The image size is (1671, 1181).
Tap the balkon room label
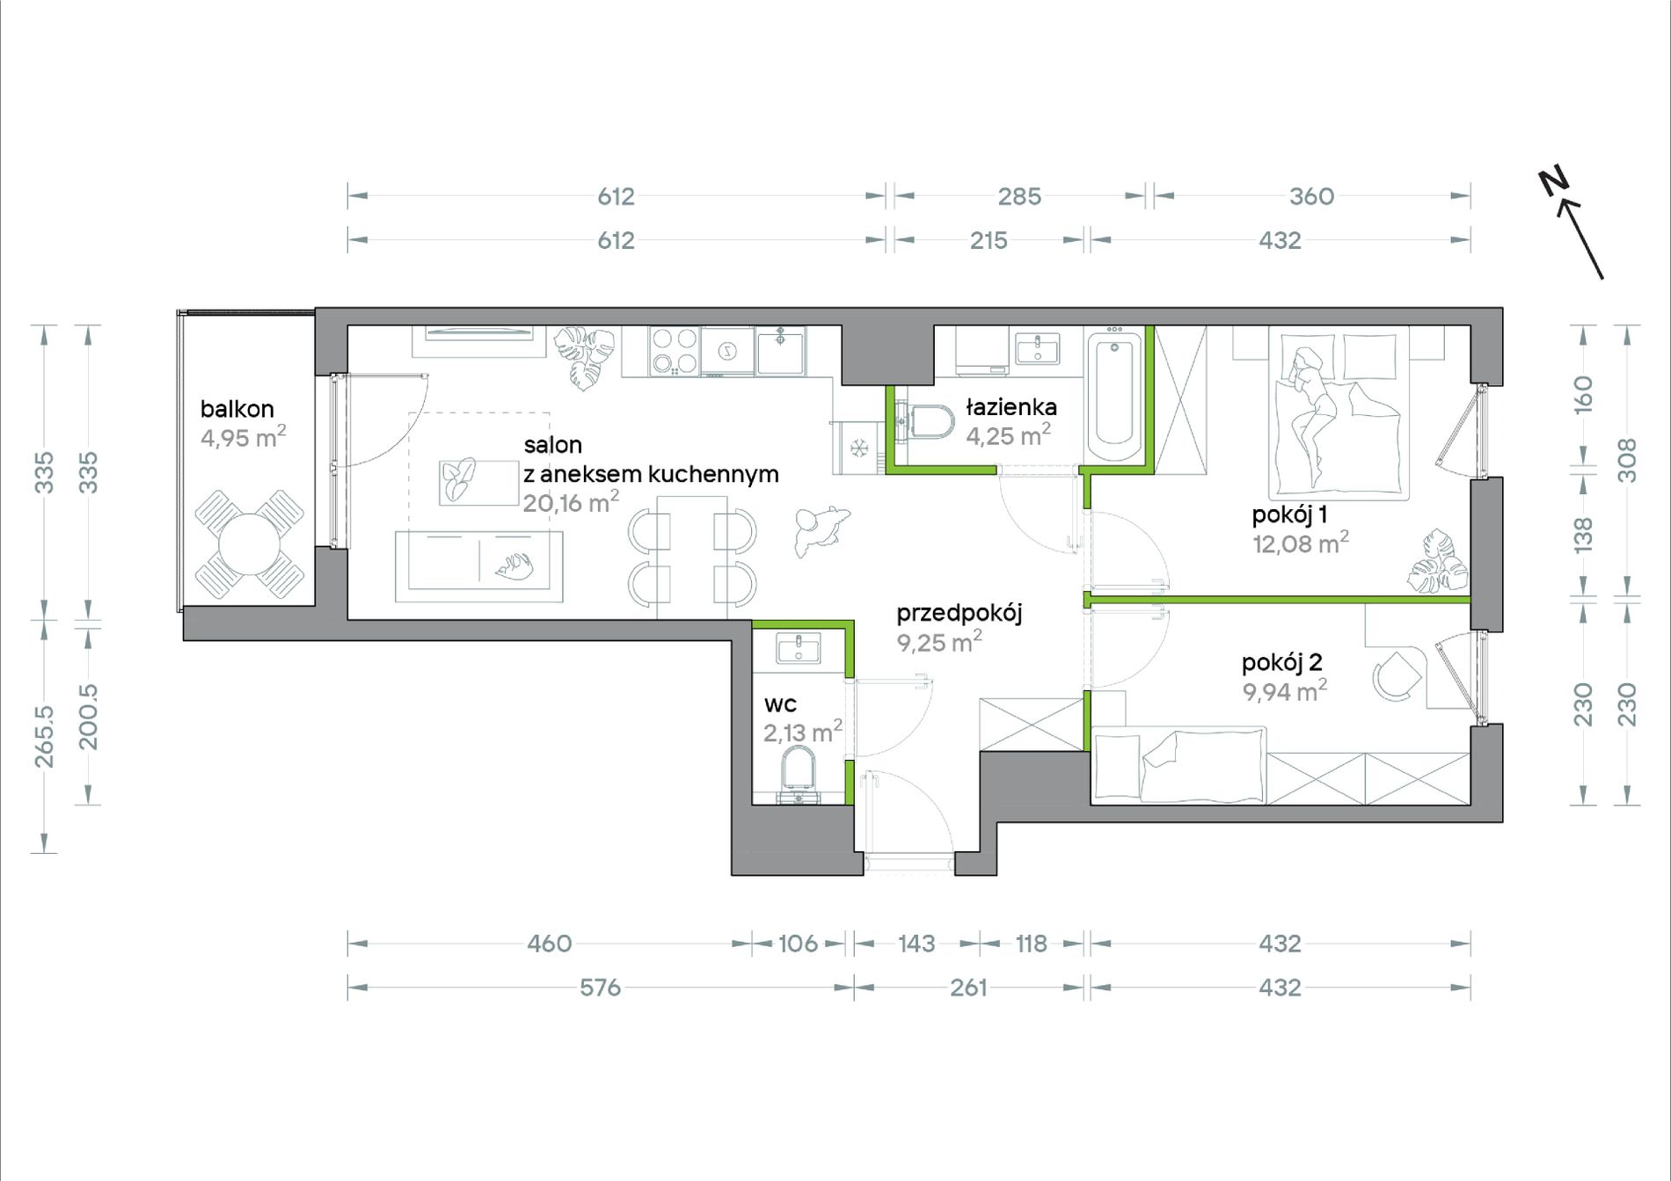coord(237,409)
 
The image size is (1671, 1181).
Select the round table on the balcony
coord(250,545)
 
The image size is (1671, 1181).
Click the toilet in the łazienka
coord(927,421)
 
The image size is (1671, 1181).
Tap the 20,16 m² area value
coord(571,502)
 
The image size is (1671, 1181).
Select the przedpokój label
coord(960,613)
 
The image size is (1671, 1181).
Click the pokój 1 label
coord(1289,514)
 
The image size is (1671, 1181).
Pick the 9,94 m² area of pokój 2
coord(1285,690)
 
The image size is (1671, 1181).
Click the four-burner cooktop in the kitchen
coord(675,351)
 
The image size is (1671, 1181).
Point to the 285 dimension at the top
coord(1019,196)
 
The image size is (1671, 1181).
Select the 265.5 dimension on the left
coord(44,736)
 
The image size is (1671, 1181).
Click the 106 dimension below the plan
coord(798,944)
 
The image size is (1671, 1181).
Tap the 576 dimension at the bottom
coord(600,988)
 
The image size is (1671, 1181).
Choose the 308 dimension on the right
coord(1627,460)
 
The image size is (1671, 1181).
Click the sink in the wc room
coord(799,648)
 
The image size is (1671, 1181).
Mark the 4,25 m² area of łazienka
coord(1008,434)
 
